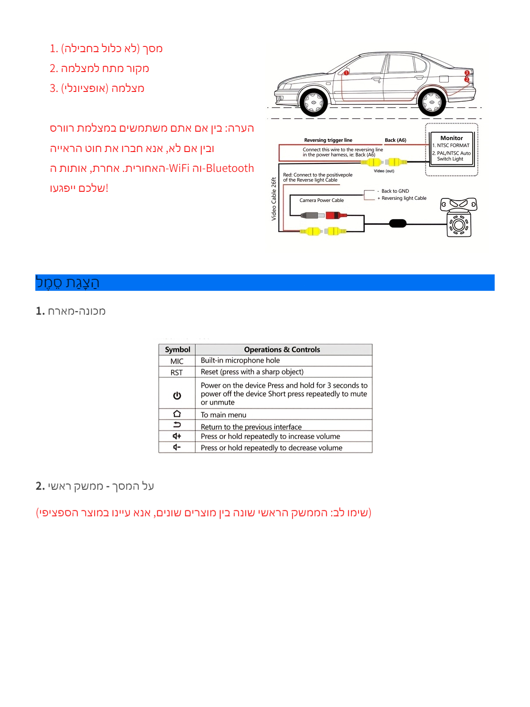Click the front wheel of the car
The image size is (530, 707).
point(314,103)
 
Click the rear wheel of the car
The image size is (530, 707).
point(432,103)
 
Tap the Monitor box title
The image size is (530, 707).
point(451,138)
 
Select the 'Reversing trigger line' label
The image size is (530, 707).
point(328,140)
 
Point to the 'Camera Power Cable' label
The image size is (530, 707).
point(322,200)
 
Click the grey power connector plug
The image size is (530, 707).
point(310,216)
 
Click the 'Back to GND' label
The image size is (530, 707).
point(395,191)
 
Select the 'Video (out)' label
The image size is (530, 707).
point(384,171)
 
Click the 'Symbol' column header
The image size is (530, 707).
point(177,350)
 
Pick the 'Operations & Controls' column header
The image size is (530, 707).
point(282,350)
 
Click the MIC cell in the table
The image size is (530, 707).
point(177,361)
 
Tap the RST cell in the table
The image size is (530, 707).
point(177,373)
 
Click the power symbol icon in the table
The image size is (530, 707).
point(177,395)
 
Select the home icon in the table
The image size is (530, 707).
point(177,414)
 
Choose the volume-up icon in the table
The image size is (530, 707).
point(177,436)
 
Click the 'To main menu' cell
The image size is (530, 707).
point(223,415)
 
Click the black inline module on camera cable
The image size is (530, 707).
point(397,223)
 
